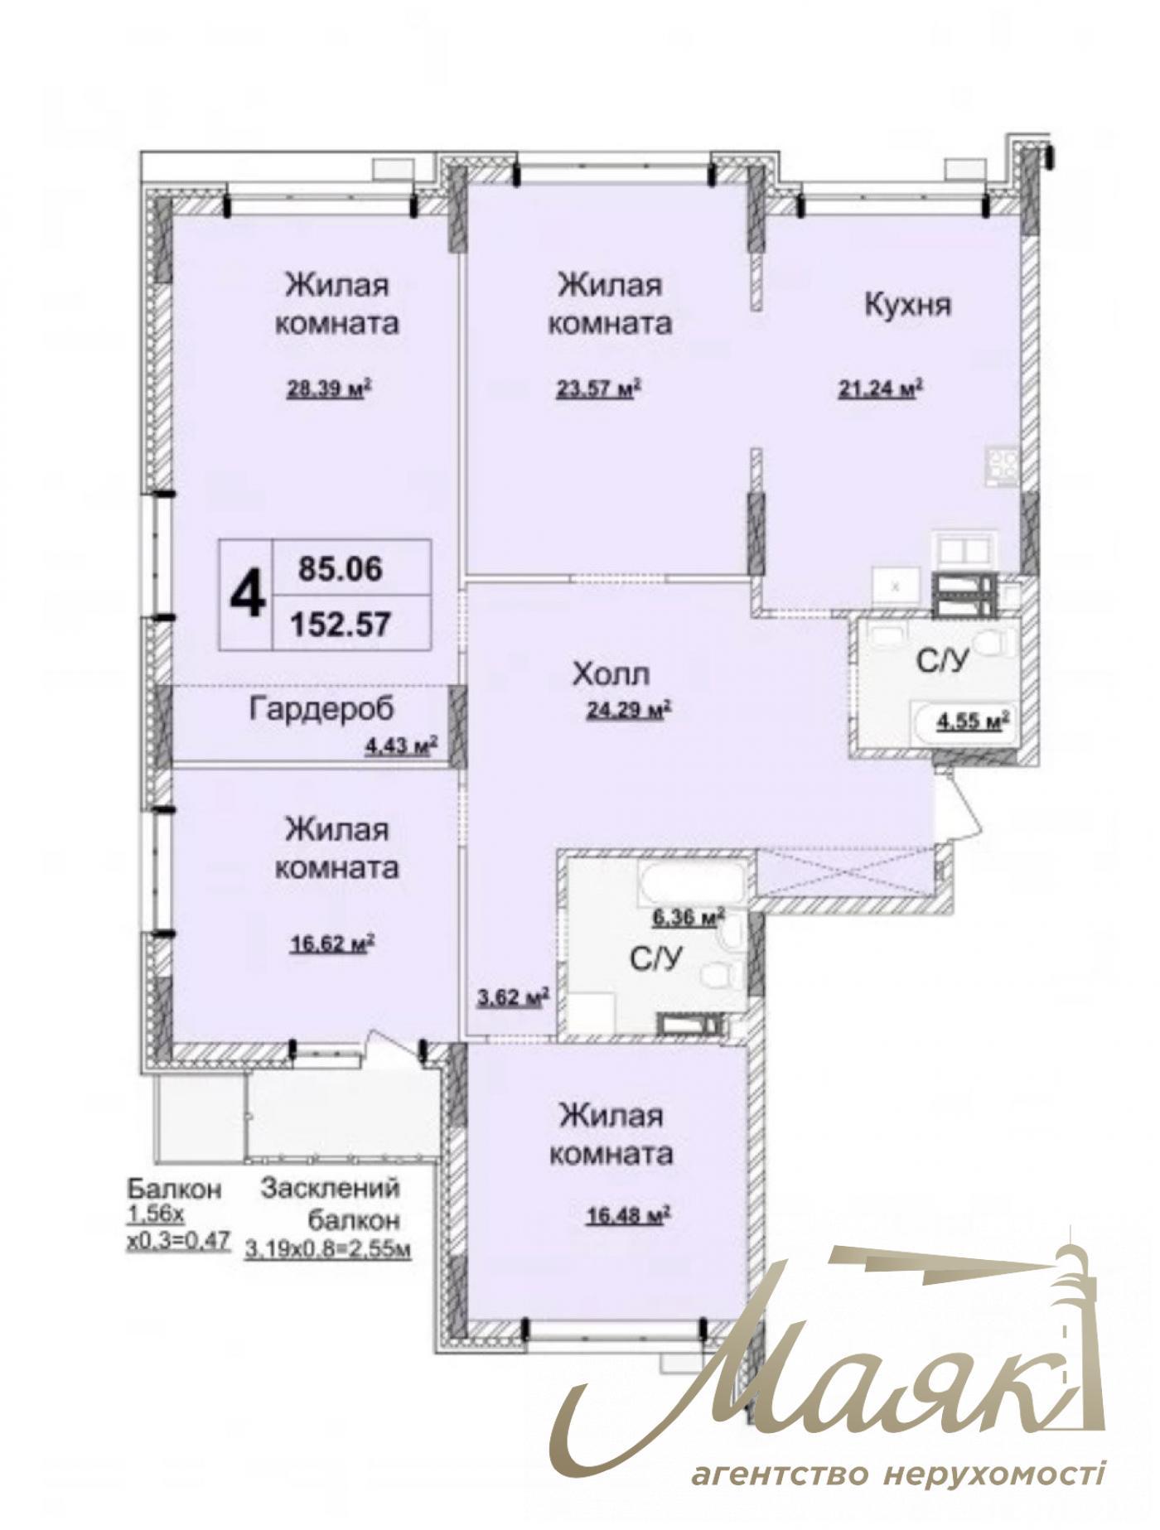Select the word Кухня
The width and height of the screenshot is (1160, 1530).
[x=907, y=305]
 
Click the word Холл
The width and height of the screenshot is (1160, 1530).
[x=610, y=674]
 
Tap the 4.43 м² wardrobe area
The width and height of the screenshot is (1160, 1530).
[x=401, y=746]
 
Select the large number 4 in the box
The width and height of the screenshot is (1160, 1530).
[x=247, y=594]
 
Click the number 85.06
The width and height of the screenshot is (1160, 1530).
[x=341, y=568]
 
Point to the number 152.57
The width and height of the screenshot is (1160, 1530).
[x=340, y=623]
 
